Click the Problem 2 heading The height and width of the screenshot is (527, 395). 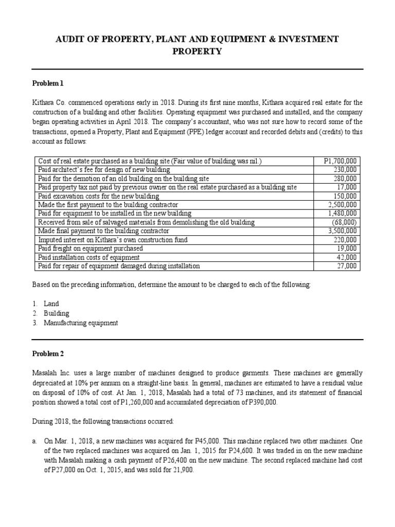[x=48, y=355]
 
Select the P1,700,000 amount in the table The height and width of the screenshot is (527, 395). [x=342, y=162]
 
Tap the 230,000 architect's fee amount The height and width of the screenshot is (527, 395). [x=348, y=170]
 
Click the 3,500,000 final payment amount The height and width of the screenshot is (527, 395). [x=344, y=231]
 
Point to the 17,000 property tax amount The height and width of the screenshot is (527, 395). [x=350, y=187]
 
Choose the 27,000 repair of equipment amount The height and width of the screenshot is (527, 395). [x=350, y=266]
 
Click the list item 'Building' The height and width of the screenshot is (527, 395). [x=58, y=313]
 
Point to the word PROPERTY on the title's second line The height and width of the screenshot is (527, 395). [x=197, y=51]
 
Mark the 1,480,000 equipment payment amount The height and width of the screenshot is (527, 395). [x=344, y=214]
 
